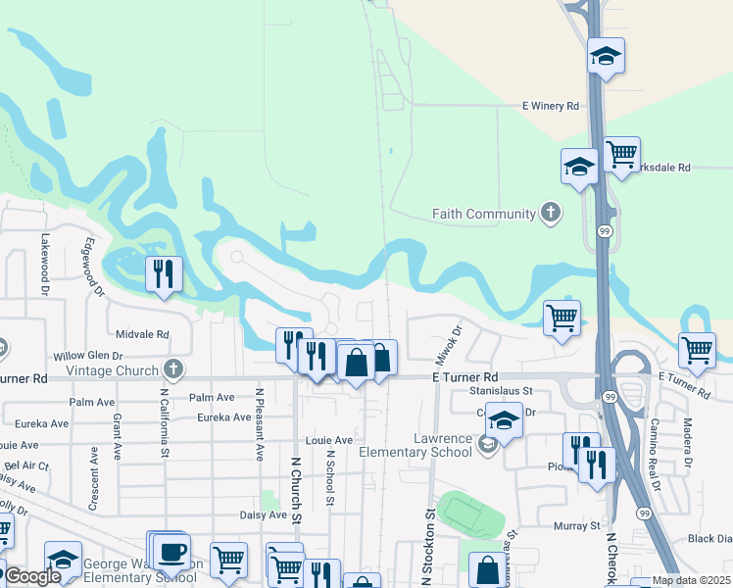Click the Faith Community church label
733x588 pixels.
(484, 214)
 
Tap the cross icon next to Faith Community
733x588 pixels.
(551, 213)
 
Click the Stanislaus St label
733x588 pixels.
(500, 390)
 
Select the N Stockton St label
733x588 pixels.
(427, 549)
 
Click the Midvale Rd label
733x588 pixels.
(142, 334)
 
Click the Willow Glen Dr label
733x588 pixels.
(87, 356)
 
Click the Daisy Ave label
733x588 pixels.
(264, 514)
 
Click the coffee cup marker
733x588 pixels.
(172, 551)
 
